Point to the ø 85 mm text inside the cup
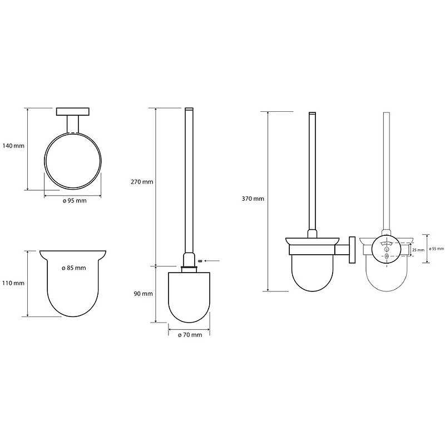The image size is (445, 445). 73,268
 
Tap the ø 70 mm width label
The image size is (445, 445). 190,335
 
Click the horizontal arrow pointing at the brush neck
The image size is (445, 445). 211,260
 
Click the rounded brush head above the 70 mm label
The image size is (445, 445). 190,298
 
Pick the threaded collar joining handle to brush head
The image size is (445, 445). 189,268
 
